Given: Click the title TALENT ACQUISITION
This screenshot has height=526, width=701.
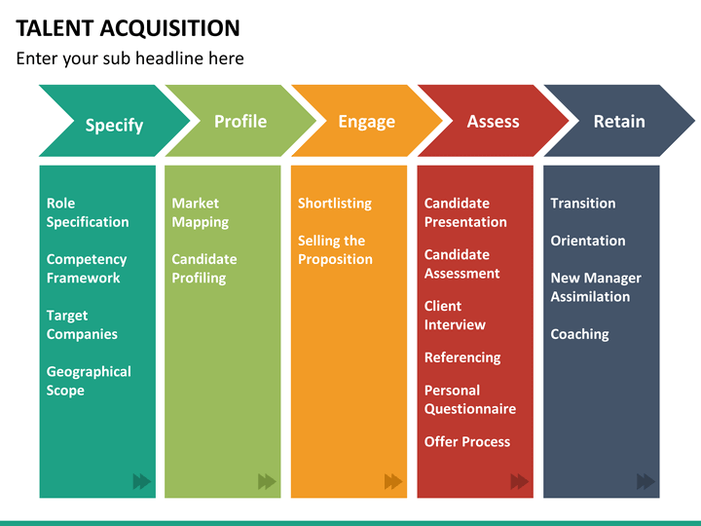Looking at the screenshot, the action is pyautogui.click(x=128, y=28).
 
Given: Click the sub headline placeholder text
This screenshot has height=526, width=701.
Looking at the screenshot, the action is pyautogui.click(x=130, y=58).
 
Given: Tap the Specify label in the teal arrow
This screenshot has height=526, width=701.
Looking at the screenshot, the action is pyautogui.click(x=115, y=126).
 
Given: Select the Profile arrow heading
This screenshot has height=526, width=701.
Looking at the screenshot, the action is pyautogui.click(x=240, y=121).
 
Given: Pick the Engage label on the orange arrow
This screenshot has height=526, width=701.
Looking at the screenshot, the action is pyautogui.click(x=367, y=122).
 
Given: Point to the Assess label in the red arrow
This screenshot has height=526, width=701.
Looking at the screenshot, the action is pyautogui.click(x=493, y=122).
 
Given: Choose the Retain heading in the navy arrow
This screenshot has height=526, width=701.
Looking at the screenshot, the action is pyautogui.click(x=619, y=122).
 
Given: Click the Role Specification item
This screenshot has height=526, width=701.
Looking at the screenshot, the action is pyautogui.click(x=88, y=212).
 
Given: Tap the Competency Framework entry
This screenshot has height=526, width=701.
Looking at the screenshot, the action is pyautogui.click(x=87, y=269).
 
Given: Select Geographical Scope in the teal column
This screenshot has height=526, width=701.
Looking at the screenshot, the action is pyautogui.click(x=89, y=381).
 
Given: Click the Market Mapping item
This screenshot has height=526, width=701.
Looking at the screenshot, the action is pyautogui.click(x=201, y=212).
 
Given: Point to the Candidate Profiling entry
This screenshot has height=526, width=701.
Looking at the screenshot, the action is pyautogui.click(x=204, y=269).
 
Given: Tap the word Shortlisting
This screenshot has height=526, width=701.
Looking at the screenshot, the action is pyautogui.click(x=335, y=204).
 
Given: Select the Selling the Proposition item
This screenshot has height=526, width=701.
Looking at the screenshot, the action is pyautogui.click(x=335, y=250).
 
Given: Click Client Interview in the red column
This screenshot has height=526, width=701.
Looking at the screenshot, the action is pyautogui.click(x=455, y=316).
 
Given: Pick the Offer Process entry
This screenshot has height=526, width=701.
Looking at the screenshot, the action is pyautogui.click(x=467, y=442).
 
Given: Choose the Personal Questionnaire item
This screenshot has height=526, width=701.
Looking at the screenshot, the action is pyautogui.click(x=470, y=399).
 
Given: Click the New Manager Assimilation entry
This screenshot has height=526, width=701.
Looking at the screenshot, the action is pyautogui.click(x=596, y=287).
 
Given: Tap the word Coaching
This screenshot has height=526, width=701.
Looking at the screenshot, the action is pyautogui.click(x=580, y=334).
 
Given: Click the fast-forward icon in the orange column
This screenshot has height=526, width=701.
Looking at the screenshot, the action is pyautogui.click(x=393, y=481).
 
